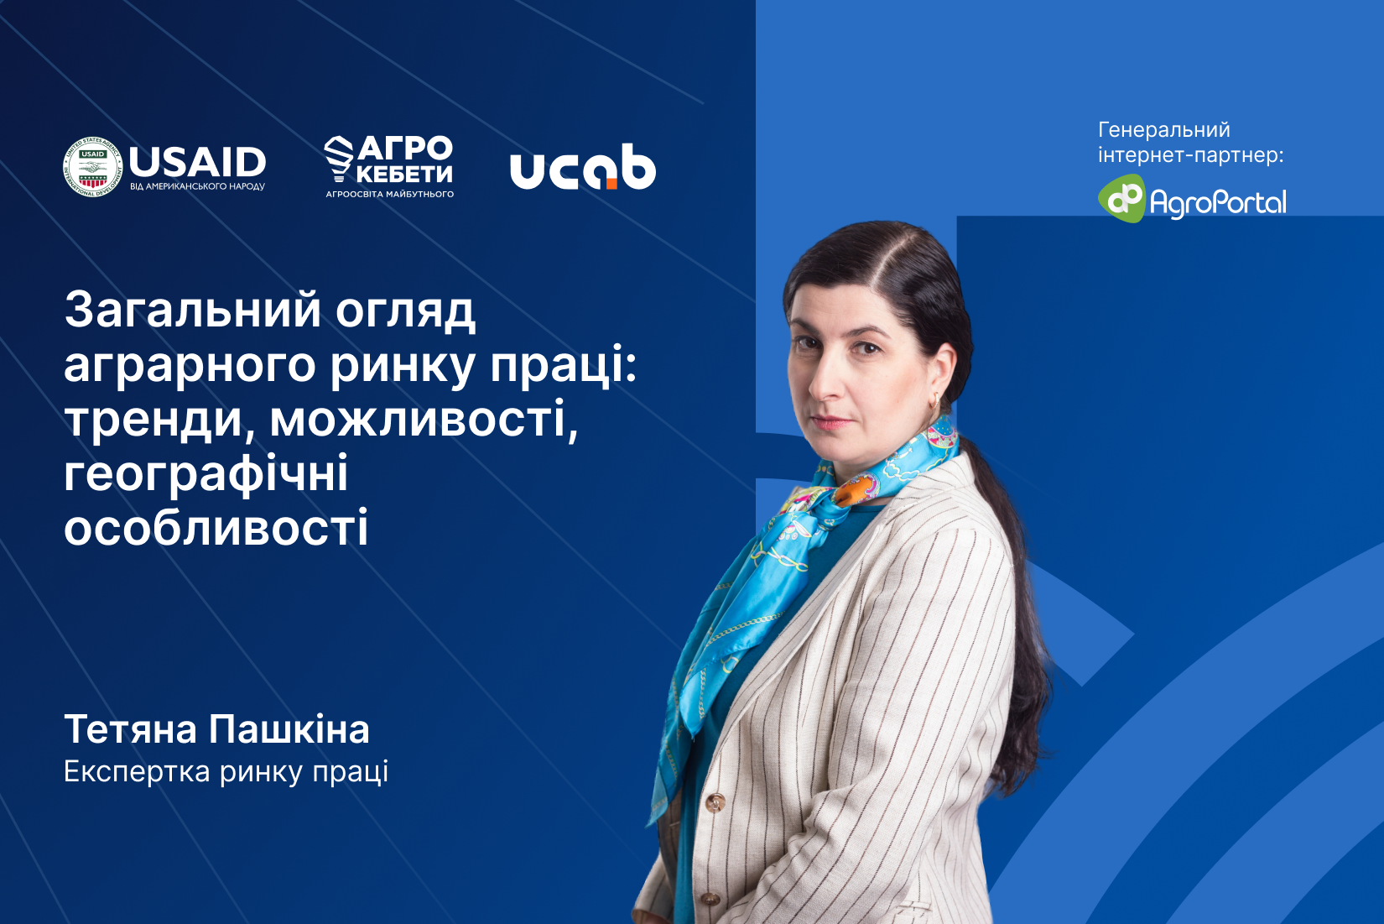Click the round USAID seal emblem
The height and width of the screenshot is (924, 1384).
(92, 167)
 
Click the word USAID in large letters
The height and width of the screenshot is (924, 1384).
(197, 162)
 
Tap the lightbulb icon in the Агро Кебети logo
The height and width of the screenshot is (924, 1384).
(339, 159)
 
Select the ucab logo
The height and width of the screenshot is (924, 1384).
(583, 167)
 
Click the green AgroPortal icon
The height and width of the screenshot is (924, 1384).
(1122, 198)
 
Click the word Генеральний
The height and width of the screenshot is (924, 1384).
(1164, 130)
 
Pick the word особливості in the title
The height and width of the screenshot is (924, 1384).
(216, 527)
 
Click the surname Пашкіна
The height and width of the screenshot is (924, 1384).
(289, 729)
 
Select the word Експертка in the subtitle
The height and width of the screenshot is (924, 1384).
(138, 772)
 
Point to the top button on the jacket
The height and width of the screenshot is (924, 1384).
(715, 803)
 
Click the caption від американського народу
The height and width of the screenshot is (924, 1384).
(197, 186)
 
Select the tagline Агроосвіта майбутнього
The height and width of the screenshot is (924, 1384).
(390, 194)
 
